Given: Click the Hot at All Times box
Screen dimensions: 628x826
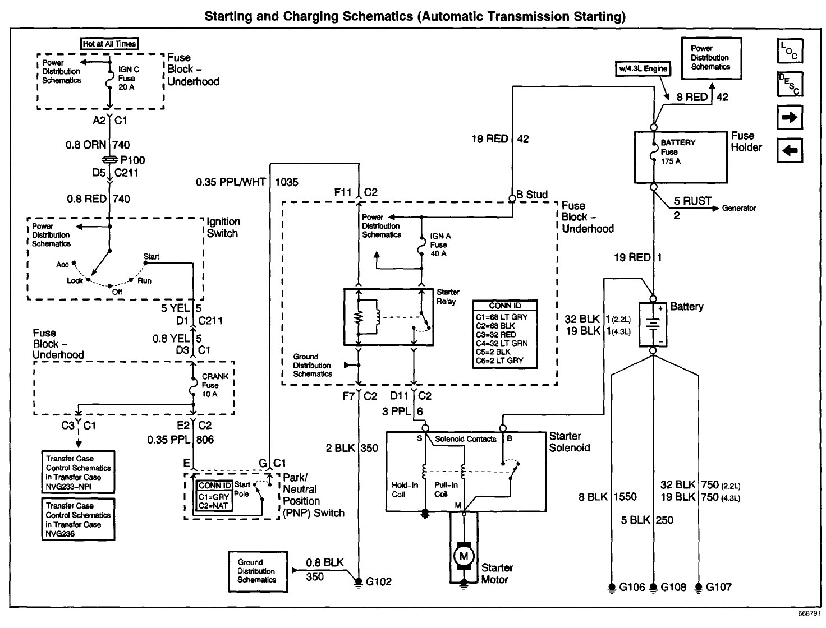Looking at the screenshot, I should point(109,44).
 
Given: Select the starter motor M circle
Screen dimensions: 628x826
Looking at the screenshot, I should point(464,556).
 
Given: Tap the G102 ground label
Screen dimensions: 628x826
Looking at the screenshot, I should point(378,581).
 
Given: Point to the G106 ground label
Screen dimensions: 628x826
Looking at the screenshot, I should point(632,587).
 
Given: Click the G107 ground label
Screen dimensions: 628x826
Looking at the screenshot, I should point(718,587).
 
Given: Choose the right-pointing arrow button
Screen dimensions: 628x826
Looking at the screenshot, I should point(790,118).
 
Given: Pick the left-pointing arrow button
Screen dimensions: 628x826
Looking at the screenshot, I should point(790,150).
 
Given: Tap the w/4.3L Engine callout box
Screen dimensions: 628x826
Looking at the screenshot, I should point(643,68).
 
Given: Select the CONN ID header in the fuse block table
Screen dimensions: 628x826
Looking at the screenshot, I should point(505,306).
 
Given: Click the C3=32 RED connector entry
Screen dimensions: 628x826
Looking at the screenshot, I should point(496,334).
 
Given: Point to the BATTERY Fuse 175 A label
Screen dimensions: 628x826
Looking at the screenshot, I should point(677,151).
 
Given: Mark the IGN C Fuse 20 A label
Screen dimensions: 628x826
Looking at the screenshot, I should point(129,78).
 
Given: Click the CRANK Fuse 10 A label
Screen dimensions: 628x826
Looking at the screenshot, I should point(215,385).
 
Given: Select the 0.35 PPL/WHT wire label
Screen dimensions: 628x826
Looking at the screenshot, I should point(231,182).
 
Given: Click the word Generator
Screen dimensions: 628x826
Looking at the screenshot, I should point(738,208).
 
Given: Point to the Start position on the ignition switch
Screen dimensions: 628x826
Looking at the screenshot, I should point(151,256).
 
